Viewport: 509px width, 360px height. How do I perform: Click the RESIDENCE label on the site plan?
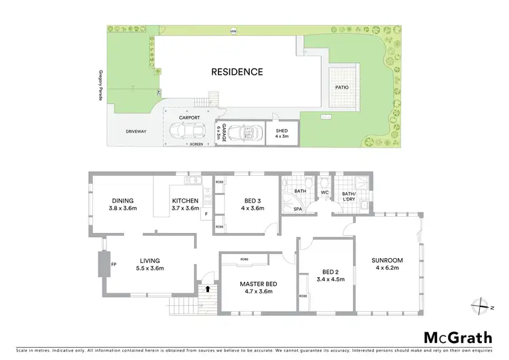click(x=236, y=71)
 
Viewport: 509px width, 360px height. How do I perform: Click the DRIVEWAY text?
click(x=136, y=132)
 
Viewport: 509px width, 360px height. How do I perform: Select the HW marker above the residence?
click(x=233, y=31)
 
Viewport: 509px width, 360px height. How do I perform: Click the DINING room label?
click(x=123, y=204)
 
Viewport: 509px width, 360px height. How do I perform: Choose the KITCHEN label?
click(x=185, y=204)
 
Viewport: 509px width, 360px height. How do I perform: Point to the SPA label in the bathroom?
click(x=297, y=210)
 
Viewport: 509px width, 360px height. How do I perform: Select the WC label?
click(x=324, y=193)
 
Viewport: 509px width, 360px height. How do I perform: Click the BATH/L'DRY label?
click(x=349, y=196)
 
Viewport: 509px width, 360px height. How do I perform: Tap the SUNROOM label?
click(x=387, y=264)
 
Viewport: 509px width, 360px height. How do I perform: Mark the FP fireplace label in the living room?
click(x=114, y=264)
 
